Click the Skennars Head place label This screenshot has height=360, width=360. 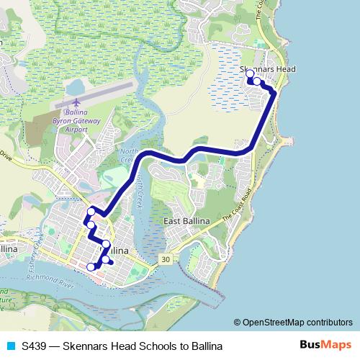pyautogui.click(x=268, y=69)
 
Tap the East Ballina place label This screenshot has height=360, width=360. pyautogui.click(x=186, y=220)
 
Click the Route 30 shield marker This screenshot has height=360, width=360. pyautogui.click(x=166, y=259)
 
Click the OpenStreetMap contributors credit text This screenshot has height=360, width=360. pyautogui.click(x=297, y=323)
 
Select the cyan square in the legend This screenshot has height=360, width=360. pyautogui.click(x=11, y=346)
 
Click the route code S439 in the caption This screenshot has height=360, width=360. pyautogui.click(x=34, y=346)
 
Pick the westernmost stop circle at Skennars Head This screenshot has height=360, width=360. pyautogui.click(x=250, y=75)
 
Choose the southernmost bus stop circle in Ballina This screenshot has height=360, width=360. pyautogui.click(x=91, y=267)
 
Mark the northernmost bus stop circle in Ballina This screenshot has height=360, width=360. pyautogui.click(x=91, y=211)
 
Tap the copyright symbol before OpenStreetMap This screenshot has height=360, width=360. pyautogui.click(x=238, y=323)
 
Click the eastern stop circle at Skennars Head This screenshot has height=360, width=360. pyautogui.click(x=257, y=81)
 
